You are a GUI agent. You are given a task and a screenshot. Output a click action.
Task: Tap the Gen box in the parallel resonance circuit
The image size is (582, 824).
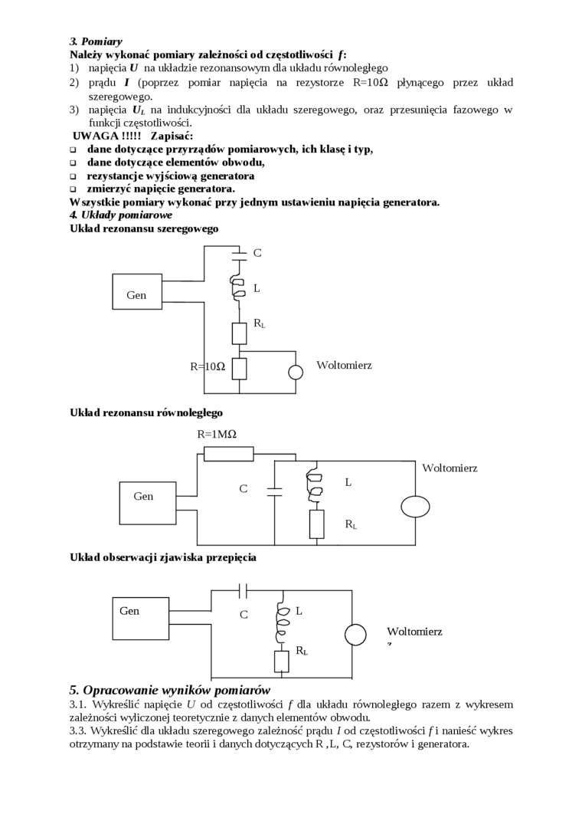[x=148, y=502]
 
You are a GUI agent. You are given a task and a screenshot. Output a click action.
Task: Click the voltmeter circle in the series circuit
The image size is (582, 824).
[x=295, y=373]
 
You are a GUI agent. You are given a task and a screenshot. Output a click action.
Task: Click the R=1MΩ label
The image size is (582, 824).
[x=217, y=434]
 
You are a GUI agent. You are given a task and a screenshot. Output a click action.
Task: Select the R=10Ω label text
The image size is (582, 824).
[x=208, y=366]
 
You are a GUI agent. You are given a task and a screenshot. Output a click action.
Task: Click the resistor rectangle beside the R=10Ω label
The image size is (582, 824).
[x=239, y=369]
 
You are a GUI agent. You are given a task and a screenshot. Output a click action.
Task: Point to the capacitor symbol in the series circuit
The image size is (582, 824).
[x=239, y=251]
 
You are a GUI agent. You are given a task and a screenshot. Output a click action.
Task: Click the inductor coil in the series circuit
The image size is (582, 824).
[x=238, y=288]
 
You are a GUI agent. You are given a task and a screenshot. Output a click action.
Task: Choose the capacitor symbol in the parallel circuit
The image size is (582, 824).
[x=273, y=489]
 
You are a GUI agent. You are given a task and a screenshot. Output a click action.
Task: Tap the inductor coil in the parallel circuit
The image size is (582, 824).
[x=313, y=484]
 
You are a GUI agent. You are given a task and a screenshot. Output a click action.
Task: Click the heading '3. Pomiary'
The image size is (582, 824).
[x=96, y=41]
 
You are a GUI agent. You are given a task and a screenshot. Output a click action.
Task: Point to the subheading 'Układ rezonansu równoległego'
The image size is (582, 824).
[x=145, y=412]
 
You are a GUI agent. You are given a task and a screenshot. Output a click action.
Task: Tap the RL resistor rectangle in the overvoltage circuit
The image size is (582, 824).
[x=281, y=661]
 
